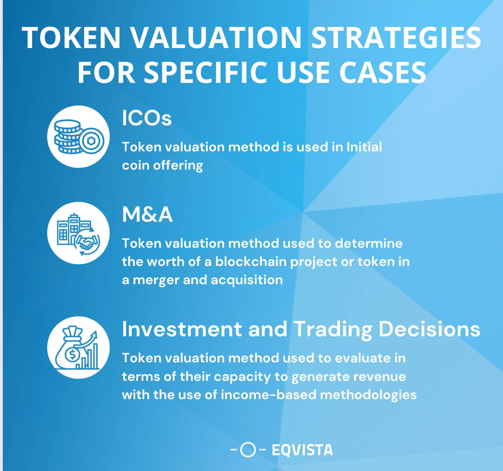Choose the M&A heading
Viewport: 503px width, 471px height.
pyautogui.click(x=147, y=215)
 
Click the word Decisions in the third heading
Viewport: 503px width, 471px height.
pyautogui.click(x=429, y=330)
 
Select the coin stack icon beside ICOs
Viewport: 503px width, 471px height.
pyautogui.click(x=68, y=137)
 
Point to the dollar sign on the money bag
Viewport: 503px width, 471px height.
pyautogui.click(x=72, y=355)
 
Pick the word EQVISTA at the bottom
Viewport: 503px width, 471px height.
pyautogui.click(x=302, y=450)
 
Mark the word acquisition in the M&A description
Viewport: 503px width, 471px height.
pyautogui.click(x=247, y=280)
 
